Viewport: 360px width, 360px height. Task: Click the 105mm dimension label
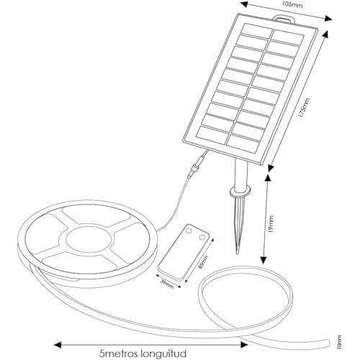pyautogui.click(x=292, y=4)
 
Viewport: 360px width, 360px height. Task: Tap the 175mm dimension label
pyautogui.click(x=305, y=107)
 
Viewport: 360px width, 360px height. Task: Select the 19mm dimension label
pyautogui.click(x=271, y=224)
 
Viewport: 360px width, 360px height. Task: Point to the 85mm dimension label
pyautogui.click(x=204, y=263)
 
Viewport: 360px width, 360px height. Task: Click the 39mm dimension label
pyautogui.click(x=167, y=284)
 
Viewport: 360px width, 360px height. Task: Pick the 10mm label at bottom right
pyautogui.click(x=338, y=342)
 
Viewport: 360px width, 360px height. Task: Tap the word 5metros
pyautogui.click(x=119, y=354)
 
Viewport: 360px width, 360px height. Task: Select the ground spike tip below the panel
pyautogui.click(x=238, y=253)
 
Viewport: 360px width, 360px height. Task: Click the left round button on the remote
pyautogui.click(x=189, y=230)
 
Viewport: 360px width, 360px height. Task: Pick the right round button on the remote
pyautogui.click(x=202, y=237)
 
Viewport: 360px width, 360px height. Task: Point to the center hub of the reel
pyautogui.click(x=89, y=239)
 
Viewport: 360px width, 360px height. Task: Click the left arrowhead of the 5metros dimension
pyautogui.click(x=58, y=345)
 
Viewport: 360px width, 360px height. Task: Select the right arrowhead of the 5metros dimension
pyautogui.click(x=244, y=345)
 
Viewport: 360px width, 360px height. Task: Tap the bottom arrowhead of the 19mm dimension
pyautogui.click(x=264, y=261)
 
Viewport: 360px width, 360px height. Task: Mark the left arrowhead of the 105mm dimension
pyautogui.click(x=244, y=4)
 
